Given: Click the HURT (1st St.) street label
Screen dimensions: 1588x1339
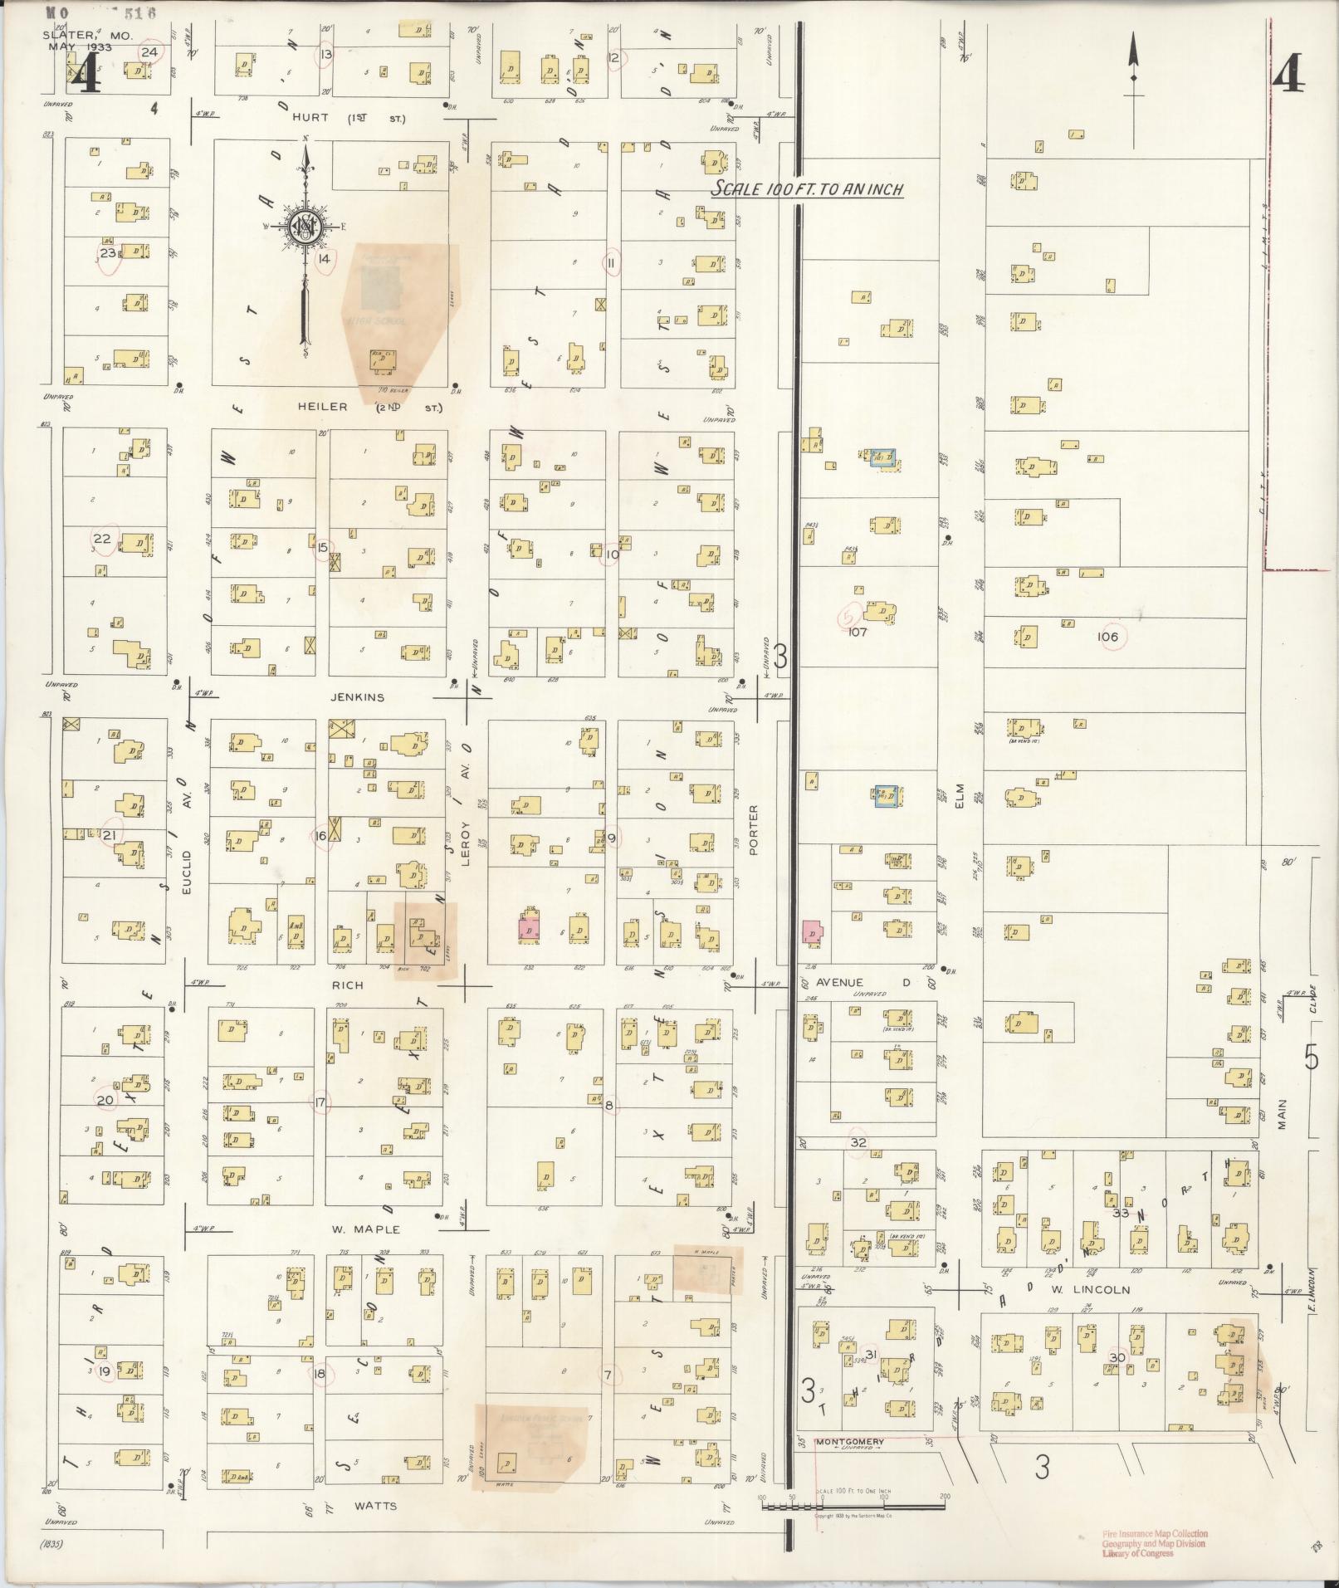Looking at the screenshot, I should coord(349,119).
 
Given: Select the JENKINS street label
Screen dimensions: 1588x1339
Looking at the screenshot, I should coord(358,697).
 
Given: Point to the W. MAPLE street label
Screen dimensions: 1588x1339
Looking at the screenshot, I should coord(366,1229).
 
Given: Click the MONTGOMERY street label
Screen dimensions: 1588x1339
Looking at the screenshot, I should coord(850,1441).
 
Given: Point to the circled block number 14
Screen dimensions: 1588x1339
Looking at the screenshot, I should coord(324,259).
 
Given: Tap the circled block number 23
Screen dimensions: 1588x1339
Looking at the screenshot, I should coord(108,253).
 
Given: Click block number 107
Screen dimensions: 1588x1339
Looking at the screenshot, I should coord(858,632).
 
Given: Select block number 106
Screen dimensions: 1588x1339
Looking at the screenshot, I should coord(1107,637).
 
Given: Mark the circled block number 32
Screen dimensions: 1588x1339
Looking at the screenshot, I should coord(858,1142).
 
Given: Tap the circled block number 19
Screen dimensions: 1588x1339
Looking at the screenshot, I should coord(105,1371).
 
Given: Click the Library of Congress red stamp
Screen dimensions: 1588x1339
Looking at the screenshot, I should coord(1154,1542).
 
